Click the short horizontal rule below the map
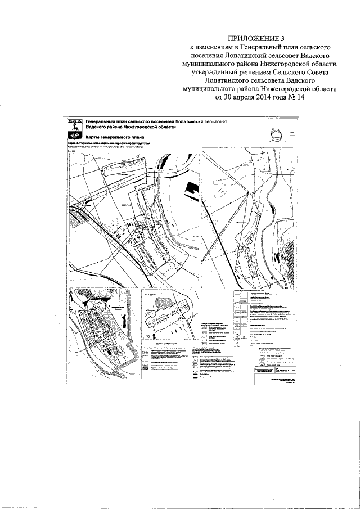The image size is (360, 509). tap(179, 394)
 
